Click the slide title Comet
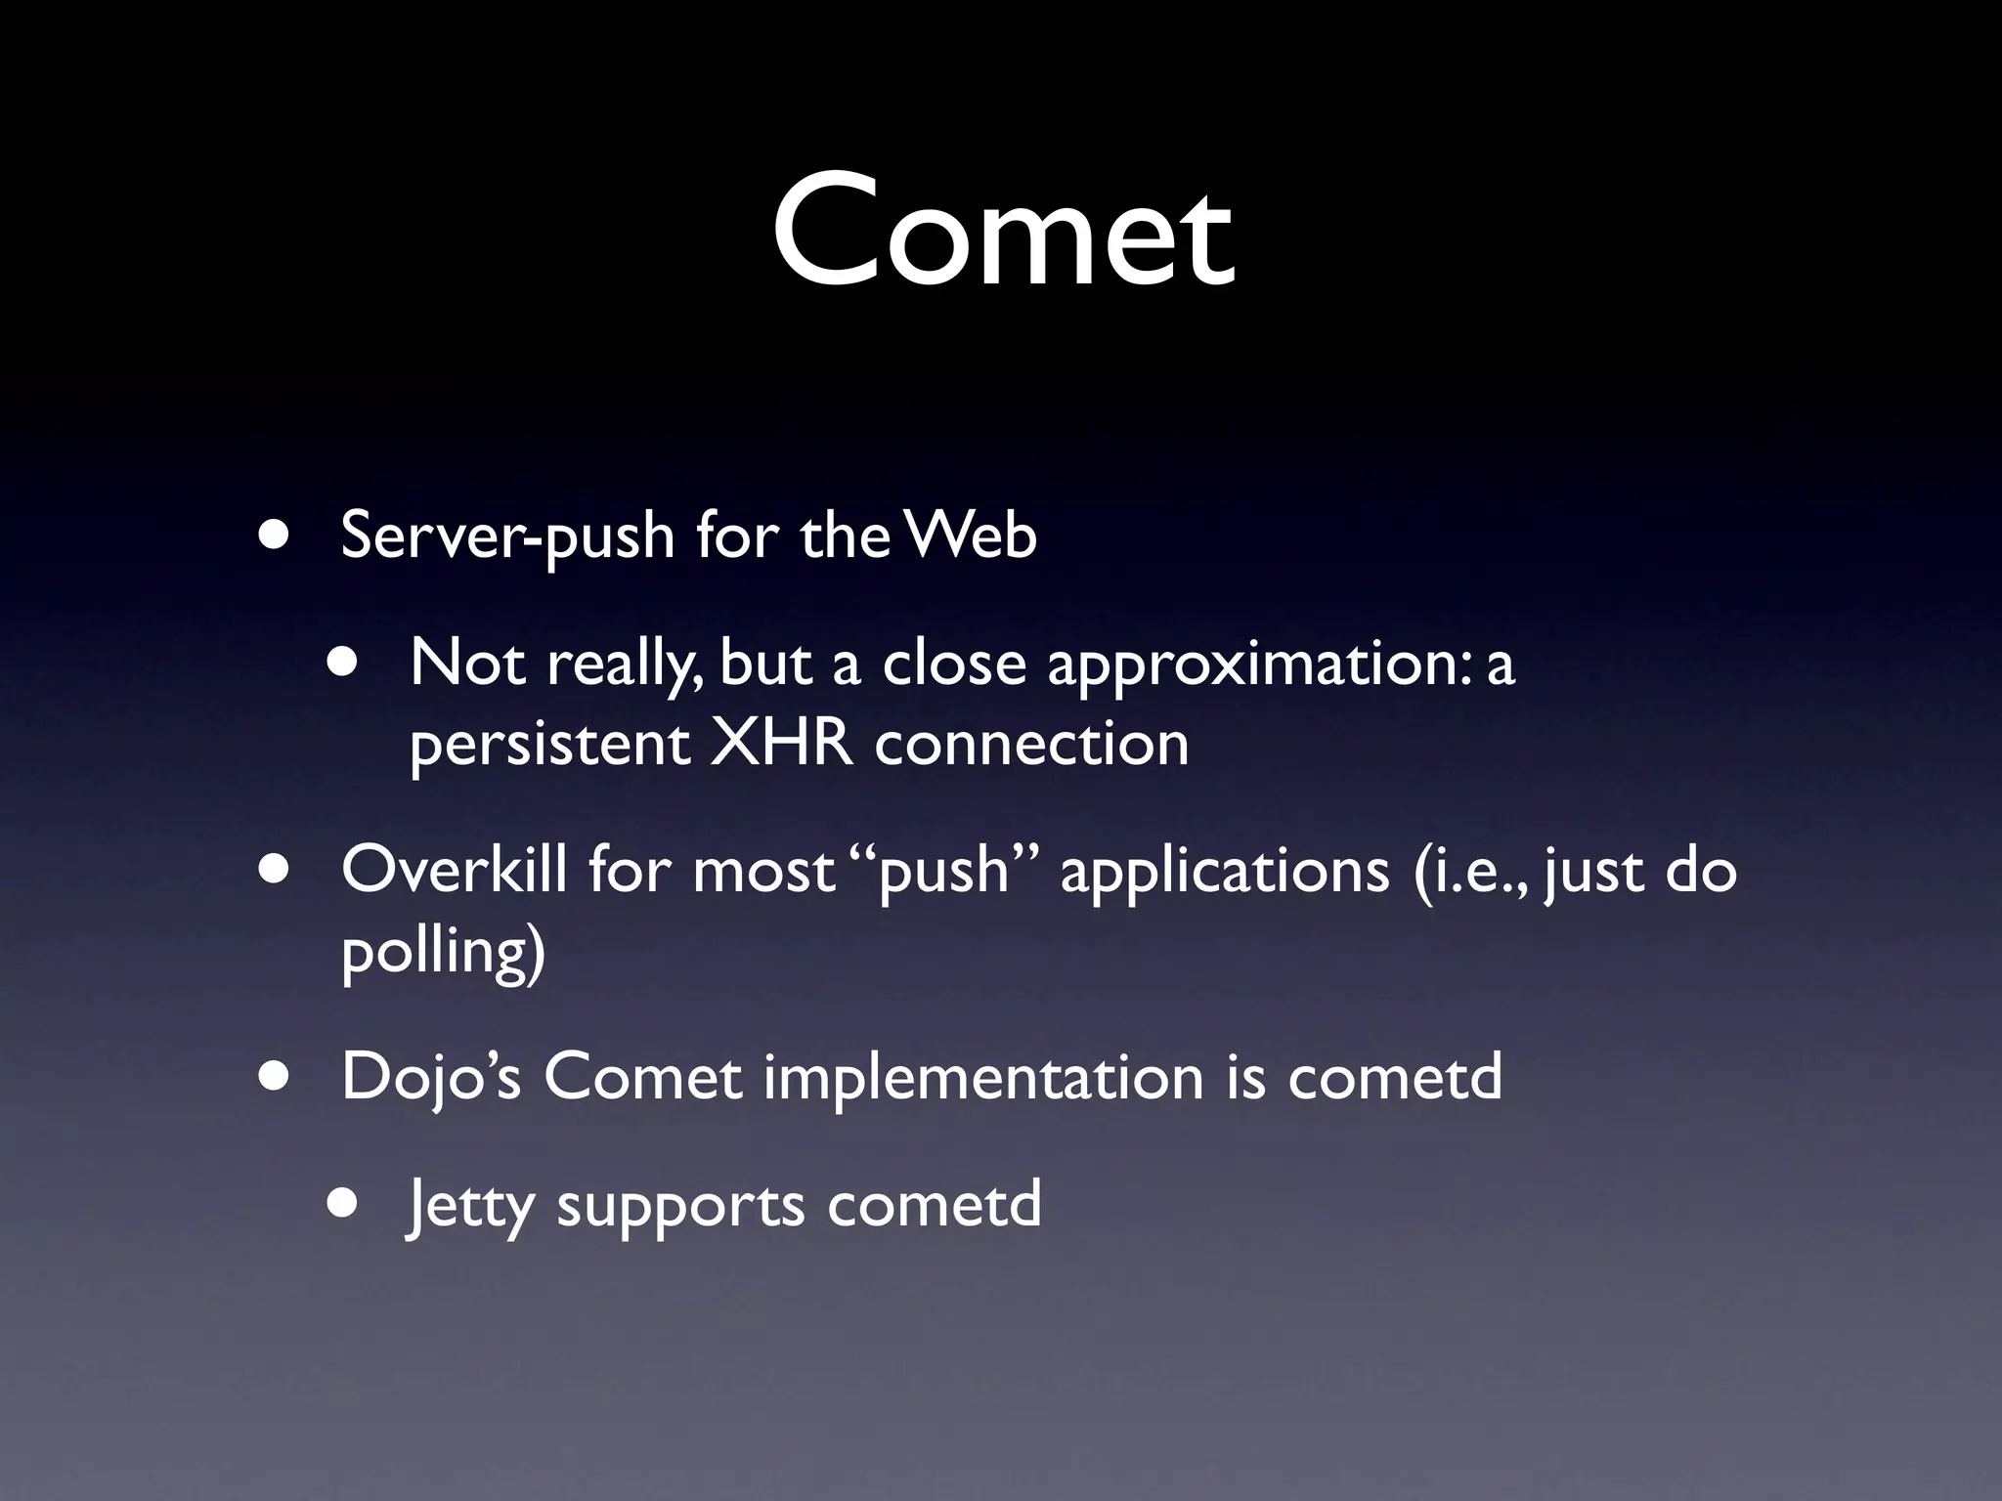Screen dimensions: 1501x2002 [1003, 233]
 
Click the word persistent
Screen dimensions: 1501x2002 [549, 745]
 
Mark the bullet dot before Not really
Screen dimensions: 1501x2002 [343, 664]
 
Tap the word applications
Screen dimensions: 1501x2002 [1225, 871]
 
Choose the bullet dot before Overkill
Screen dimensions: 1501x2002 [275, 870]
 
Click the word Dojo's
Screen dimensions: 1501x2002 [431, 1077]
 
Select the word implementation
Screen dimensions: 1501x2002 [983, 1077]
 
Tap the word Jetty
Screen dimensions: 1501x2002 [470, 1206]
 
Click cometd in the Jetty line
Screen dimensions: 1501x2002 [934, 1204]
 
